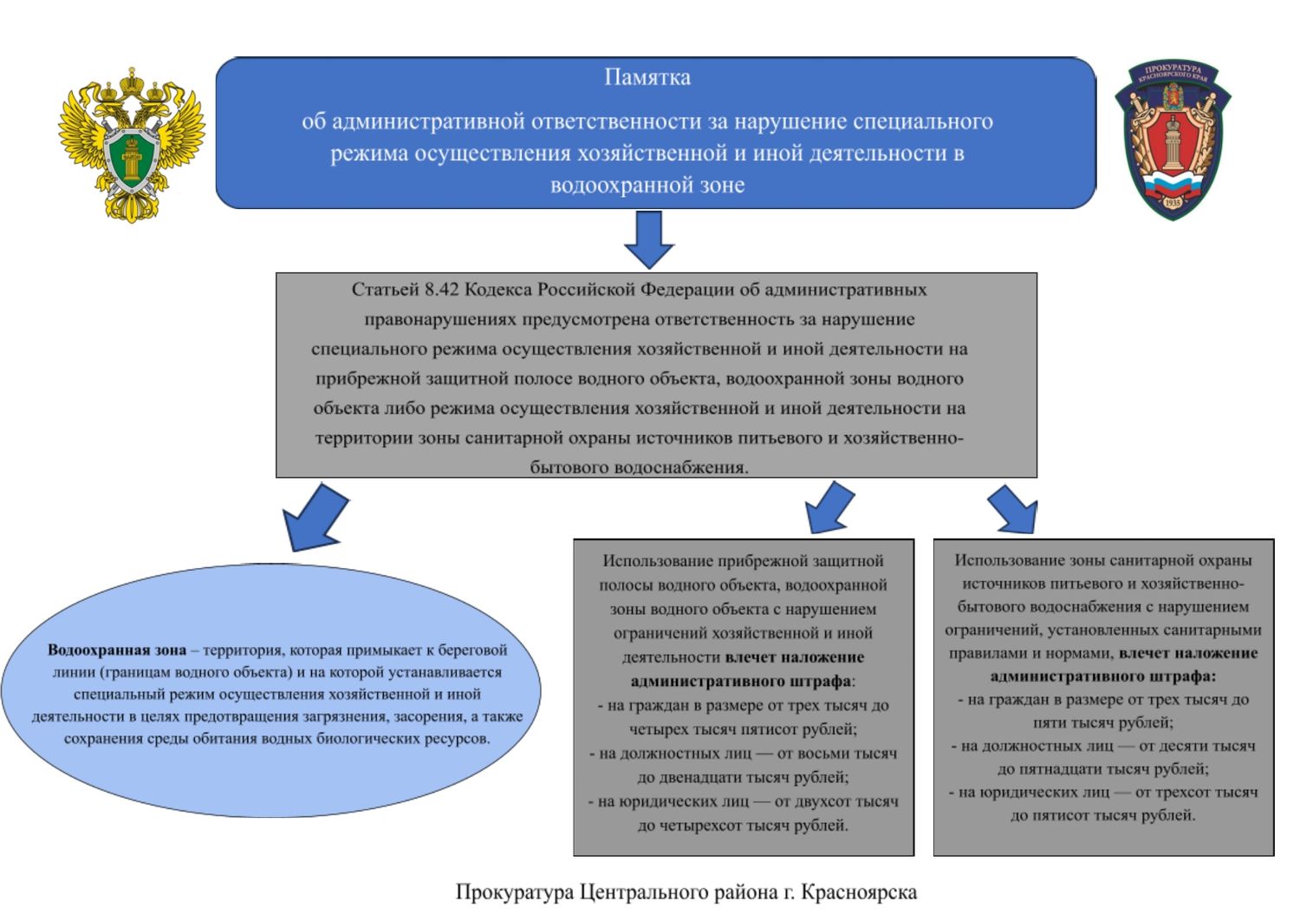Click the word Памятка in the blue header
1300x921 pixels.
647,77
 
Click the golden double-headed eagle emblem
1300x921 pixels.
132,144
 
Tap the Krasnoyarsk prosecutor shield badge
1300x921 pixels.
1172,139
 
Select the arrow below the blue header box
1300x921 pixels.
649,238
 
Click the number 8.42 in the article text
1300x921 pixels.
442,290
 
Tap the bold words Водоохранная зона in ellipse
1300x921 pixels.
117,650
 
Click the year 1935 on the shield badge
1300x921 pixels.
1172,202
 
